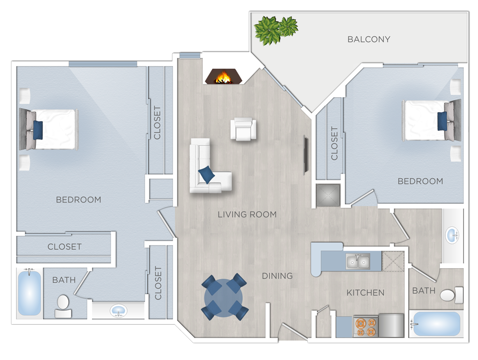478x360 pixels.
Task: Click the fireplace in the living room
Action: (x=224, y=77)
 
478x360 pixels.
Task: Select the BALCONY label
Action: (x=369, y=39)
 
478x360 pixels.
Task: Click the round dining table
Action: (x=224, y=297)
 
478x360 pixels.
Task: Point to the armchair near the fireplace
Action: (x=243, y=129)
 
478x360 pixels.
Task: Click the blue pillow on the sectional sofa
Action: (x=206, y=174)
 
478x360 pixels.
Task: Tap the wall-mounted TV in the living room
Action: (x=306, y=154)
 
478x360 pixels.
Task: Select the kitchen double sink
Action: (x=358, y=260)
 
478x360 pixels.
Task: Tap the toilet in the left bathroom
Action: (x=63, y=306)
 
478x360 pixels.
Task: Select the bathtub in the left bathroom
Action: (x=29, y=293)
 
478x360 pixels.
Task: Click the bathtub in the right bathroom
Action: (x=435, y=324)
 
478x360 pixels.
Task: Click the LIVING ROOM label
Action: (x=247, y=214)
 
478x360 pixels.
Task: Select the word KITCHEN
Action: (x=365, y=293)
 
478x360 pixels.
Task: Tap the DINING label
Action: (x=278, y=276)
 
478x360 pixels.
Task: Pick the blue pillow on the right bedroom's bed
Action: (x=442, y=121)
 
